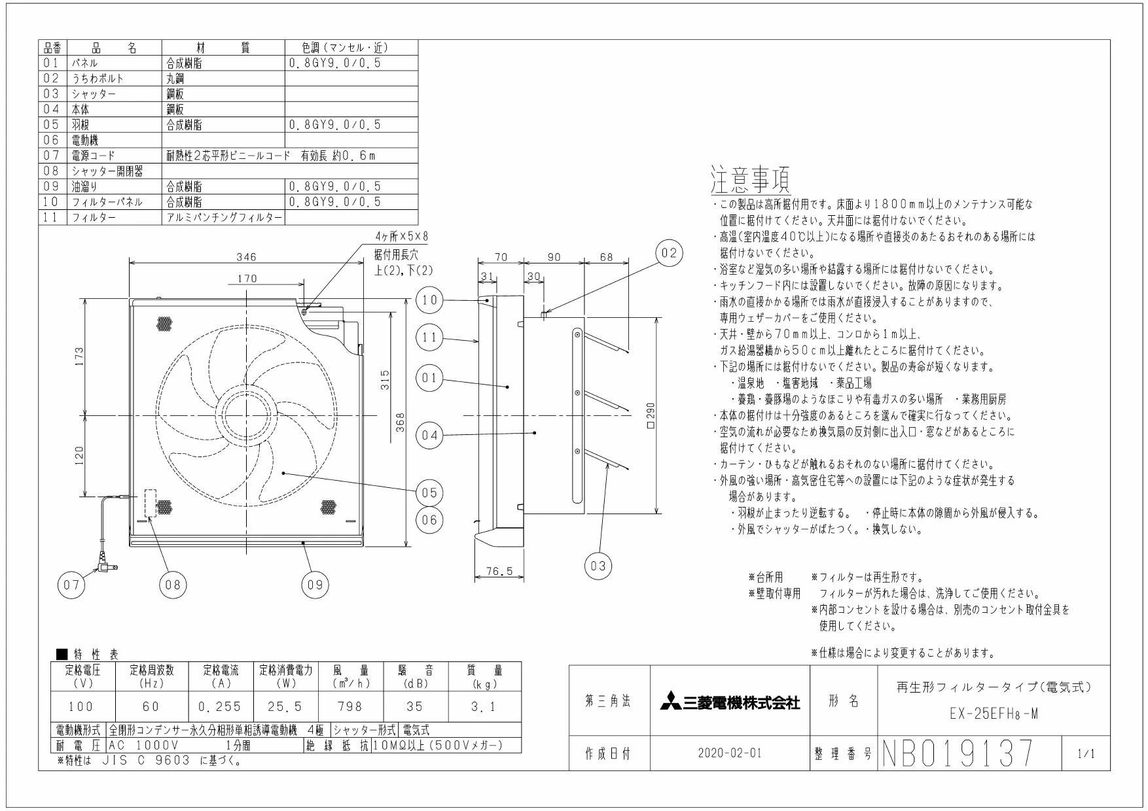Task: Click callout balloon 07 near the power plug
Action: coord(71,585)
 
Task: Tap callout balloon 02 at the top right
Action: coord(669,253)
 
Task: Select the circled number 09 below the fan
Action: coord(315,585)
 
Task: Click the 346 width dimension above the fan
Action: coord(247,257)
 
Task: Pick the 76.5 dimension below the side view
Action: coord(499,572)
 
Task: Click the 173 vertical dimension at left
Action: coord(78,357)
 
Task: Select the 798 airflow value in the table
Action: coord(350,706)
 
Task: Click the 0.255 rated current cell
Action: coord(219,706)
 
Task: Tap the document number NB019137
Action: coord(958,753)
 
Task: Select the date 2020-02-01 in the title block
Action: coord(730,753)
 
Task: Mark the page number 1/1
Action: coord(1085,753)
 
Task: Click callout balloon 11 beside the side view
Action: coord(430,338)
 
